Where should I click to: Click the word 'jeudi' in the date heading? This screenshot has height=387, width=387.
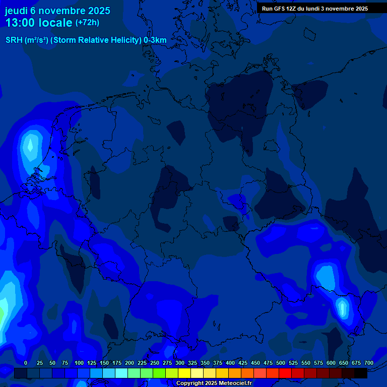(x=17, y=11)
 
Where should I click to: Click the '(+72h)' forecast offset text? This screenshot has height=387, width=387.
(x=87, y=23)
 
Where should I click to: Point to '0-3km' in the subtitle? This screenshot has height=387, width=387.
(x=155, y=40)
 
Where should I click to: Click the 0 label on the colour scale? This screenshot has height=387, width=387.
(x=26, y=363)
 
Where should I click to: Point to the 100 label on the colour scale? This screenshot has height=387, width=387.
(x=79, y=363)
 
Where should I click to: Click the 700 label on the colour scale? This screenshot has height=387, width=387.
(x=369, y=363)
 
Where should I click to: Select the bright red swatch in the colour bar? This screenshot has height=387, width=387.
(x=285, y=373)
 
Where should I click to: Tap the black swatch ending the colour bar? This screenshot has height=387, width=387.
(x=361, y=373)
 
